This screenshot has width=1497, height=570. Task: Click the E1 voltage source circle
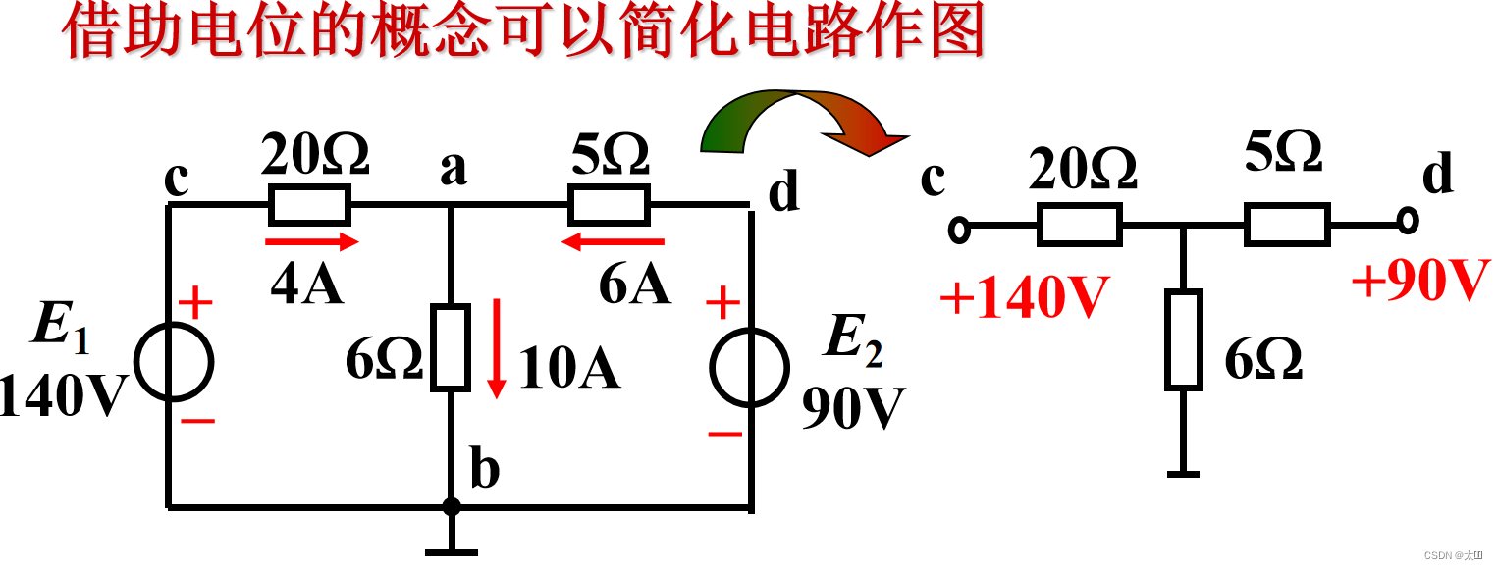click(173, 361)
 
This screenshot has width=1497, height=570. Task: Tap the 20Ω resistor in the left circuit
click(308, 205)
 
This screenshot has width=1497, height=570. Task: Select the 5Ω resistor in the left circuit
click(609, 205)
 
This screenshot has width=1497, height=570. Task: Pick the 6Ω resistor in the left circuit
click(452, 346)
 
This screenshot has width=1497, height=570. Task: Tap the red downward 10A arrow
click(498, 348)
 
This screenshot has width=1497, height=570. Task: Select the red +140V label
click(1024, 297)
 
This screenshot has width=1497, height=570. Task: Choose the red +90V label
click(1420, 282)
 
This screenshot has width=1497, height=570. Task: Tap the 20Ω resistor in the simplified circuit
click(1080, 225)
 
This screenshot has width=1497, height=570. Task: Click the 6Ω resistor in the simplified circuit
click(1184, 338)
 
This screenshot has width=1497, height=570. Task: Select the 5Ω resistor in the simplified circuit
click(1287, 224)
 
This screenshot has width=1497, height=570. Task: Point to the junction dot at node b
click(452, 506)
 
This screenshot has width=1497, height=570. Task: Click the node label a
click(454, 169)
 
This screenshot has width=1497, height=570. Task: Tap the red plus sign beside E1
click(195, 303)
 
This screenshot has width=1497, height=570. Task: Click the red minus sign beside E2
click(724, 433)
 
